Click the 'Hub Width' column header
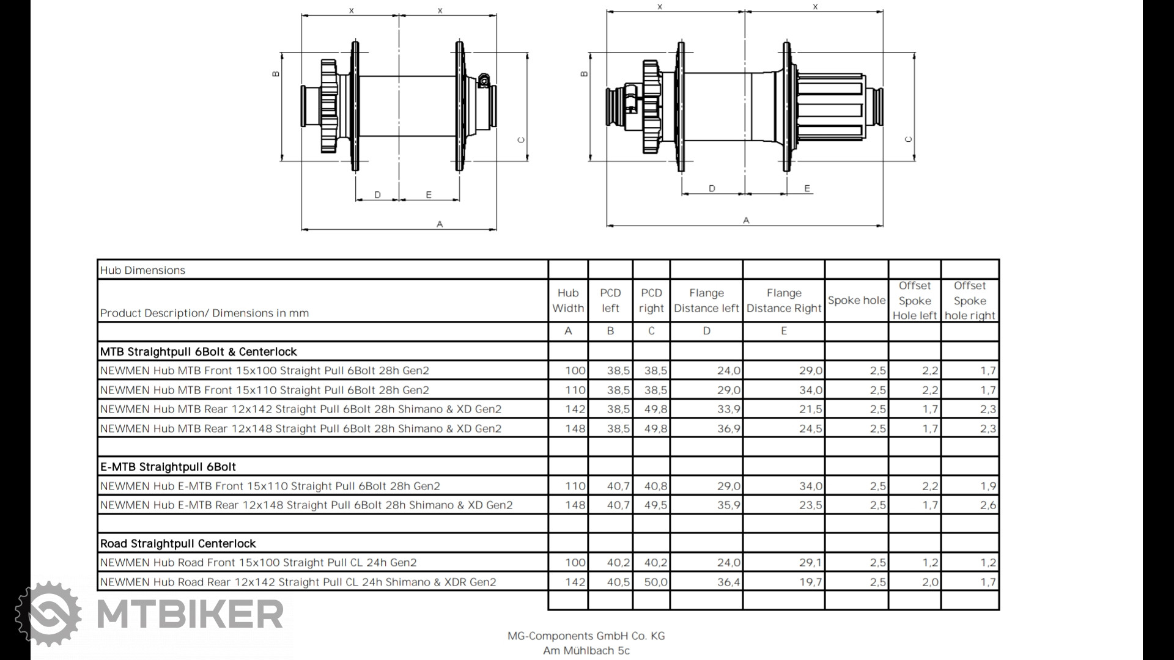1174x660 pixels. pos(568,301)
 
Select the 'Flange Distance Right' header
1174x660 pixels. pos(784,301)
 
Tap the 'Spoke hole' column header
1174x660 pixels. pos(856,300)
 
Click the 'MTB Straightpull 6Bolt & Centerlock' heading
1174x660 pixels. pos(198,351)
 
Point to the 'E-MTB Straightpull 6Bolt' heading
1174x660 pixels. pos(168,467)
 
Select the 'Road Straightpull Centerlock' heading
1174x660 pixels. pos(178,543)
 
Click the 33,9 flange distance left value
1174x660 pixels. pos(728,409)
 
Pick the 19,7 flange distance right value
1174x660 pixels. pos(810,582)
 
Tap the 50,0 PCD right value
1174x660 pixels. pos(655,582)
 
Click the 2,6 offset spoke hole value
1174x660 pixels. pos(988,505)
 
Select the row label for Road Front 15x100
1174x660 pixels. pos(258,562)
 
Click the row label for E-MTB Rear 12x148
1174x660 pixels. pos(306,505)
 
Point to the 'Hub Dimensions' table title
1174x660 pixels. pos(142,270)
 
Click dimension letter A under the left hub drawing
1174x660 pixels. pos(440,224)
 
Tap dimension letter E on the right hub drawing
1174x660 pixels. pos(807,188)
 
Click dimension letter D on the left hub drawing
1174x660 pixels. pos(377,195)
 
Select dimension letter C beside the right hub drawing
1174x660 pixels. pos(908,139)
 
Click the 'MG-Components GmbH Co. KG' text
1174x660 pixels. pos(586,636)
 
